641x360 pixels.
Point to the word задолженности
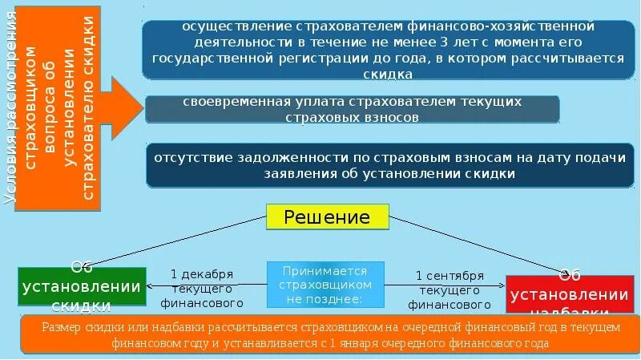tap(301, 158)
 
